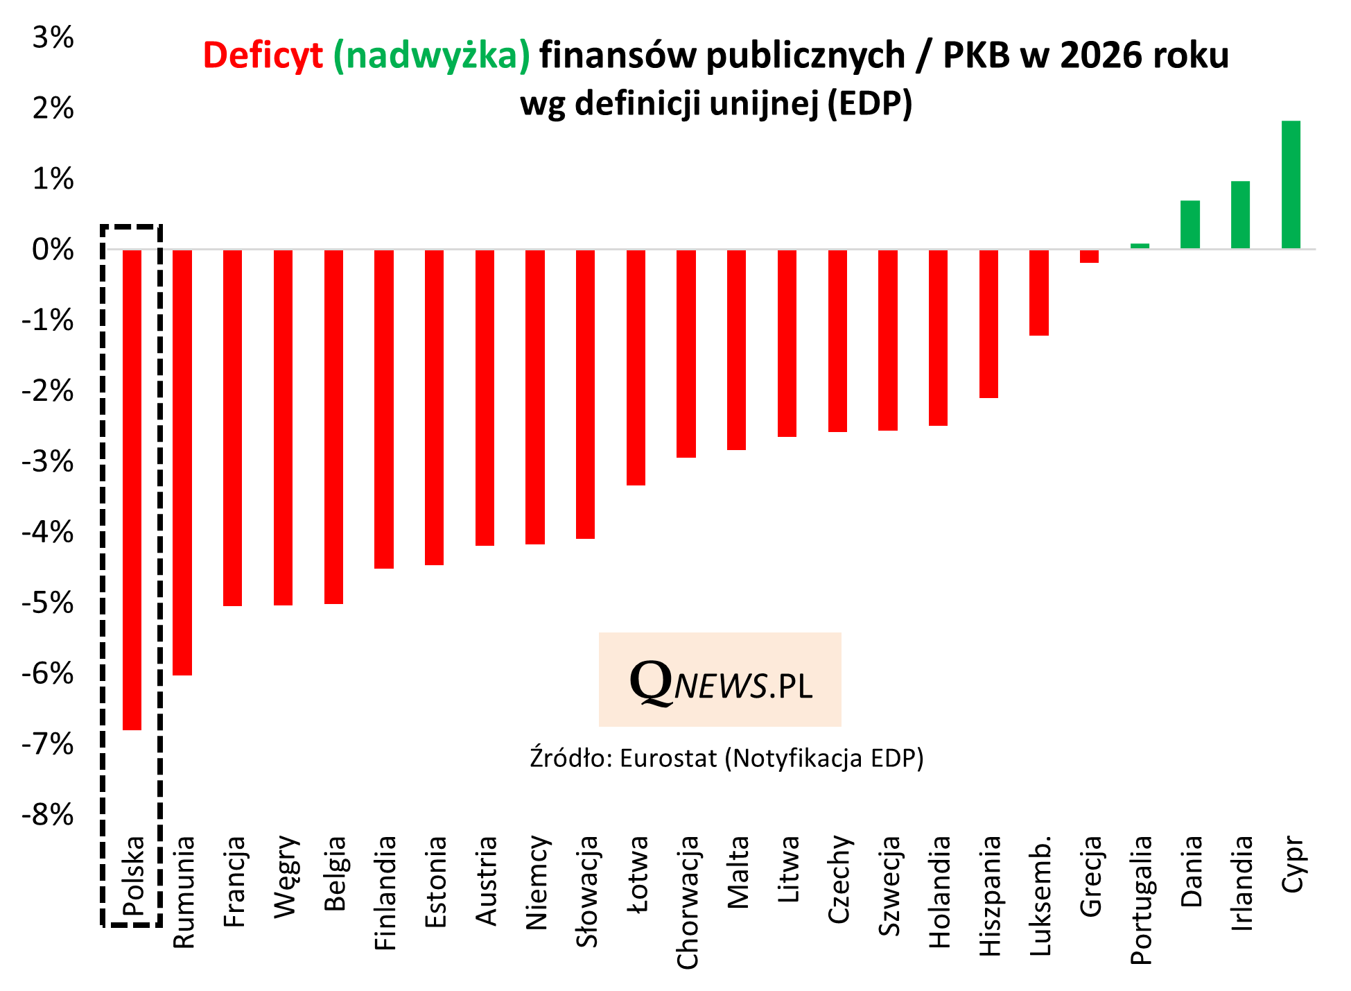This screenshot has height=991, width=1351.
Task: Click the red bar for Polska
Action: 132,489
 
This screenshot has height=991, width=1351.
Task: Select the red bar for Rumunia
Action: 182,462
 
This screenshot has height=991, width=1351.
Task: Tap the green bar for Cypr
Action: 1290,184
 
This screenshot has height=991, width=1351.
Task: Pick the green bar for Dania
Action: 1189,225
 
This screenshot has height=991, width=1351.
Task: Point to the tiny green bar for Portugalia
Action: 1140,245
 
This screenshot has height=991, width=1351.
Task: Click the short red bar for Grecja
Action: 1089,257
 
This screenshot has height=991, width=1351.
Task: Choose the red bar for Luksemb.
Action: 1038,293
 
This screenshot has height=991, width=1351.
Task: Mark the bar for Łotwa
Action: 636,368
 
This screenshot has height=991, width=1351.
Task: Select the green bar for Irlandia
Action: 1240,215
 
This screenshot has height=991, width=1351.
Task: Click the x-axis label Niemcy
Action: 537,882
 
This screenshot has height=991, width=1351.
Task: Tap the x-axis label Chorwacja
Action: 687,902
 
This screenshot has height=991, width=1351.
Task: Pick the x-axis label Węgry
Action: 285,877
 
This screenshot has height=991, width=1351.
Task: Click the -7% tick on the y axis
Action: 47,745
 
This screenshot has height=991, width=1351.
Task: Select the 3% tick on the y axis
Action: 53,38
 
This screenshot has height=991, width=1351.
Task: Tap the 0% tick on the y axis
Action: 53,250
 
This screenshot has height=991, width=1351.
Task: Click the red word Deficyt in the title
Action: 263,55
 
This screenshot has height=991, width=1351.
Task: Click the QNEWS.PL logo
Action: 720,680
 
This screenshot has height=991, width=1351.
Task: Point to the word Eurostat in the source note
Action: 668,759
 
